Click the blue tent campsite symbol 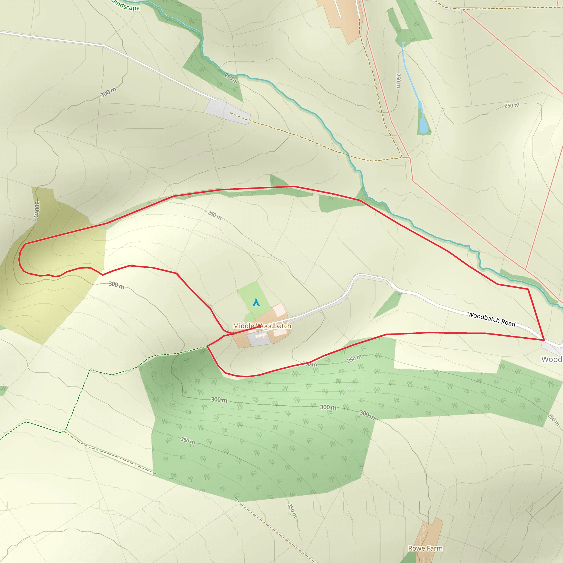click(256, 302)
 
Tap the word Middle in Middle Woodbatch click(243, 326)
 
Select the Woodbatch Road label click(492, 319)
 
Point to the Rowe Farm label click(425, 548)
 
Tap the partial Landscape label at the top click(126, 5)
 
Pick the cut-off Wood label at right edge click(552, 359)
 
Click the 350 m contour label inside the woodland click(188, 441)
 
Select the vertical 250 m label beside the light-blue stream click(398, 81)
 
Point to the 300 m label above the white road click(108, 92)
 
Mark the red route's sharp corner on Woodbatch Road click(544, 340)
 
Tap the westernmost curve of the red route click(20, 258)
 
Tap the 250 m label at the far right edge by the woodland click(553, 420)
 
